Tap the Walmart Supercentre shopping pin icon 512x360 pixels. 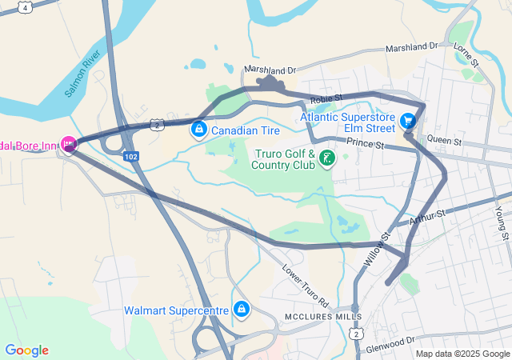click(241, 309)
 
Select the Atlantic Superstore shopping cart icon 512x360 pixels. click(409, 121)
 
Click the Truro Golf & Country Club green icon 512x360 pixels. click(326, 158)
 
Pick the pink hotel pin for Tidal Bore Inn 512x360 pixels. click(69, 145)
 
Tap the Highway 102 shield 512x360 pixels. click(131, 157)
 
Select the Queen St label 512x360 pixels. click(445, 141)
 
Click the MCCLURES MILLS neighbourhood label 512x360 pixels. click(317, 317)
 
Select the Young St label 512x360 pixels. click(502, 222)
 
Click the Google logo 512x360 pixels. click(26, 350)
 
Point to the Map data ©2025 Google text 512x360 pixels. click(462, 354)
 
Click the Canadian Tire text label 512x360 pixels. click(244, 129)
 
